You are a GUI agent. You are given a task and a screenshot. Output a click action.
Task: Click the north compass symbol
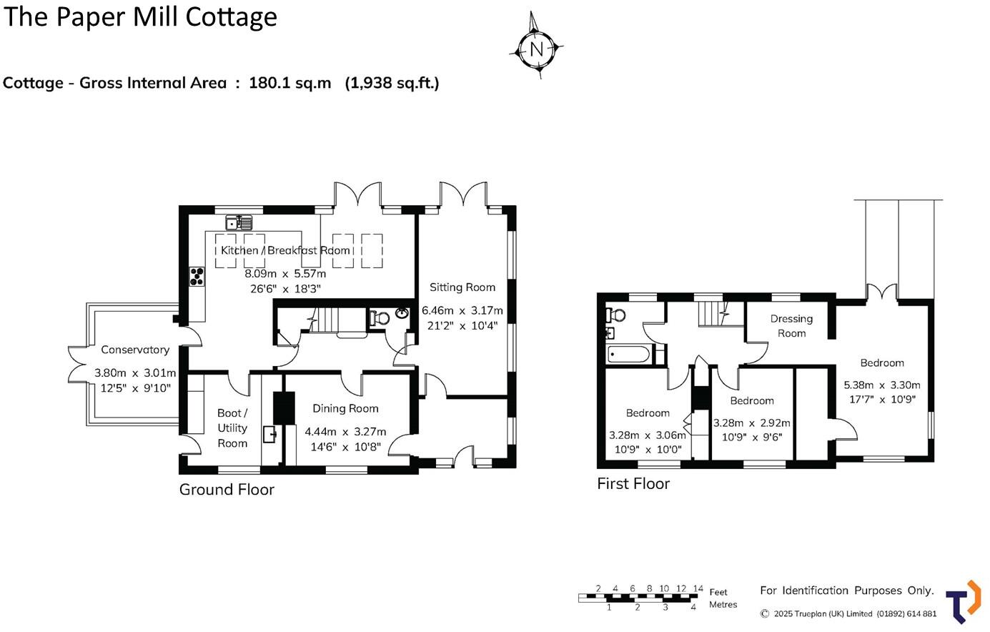click(536, 48)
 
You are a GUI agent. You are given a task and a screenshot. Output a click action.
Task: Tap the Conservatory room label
click(135, 350)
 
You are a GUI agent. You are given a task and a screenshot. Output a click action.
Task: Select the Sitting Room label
click(462, 287)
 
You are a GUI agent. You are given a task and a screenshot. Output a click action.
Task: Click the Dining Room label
click(345, 408)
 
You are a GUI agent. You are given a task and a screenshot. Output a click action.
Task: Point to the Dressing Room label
click(791, 326)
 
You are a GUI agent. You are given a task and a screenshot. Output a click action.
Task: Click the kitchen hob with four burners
click(197, 276)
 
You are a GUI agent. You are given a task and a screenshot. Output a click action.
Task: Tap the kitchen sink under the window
click(237, 222)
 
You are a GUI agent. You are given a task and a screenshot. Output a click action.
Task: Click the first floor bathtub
click(629, 354)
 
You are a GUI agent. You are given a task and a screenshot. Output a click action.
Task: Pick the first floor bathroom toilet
click(613, 314)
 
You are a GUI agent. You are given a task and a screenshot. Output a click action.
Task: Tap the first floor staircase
click(712, 312)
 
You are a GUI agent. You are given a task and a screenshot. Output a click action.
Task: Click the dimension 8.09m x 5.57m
click(285, 274)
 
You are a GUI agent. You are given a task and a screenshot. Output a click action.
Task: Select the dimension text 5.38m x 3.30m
click(882, 385)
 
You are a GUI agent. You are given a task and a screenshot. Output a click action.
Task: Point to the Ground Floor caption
click(227, 490)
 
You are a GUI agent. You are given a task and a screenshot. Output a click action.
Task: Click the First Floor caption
click(633, 484)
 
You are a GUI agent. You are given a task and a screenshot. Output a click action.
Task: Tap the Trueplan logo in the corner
click(964, 601)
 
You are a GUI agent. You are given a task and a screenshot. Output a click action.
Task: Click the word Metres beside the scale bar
click(723, 605)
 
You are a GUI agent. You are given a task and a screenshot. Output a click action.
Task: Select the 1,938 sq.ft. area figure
click(392, 83)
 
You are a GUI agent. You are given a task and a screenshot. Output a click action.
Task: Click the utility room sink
click(271, 433)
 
